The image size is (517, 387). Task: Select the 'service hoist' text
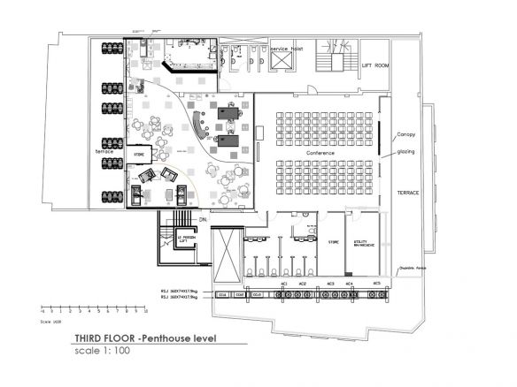287,49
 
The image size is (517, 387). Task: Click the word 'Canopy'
406,135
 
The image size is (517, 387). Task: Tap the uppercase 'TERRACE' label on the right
407,192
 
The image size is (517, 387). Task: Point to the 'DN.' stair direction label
202,217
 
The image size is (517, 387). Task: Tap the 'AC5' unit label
375,284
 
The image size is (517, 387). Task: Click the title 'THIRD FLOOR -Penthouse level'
145,338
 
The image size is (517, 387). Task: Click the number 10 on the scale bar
145,312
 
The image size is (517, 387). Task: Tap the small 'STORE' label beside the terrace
138,155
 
